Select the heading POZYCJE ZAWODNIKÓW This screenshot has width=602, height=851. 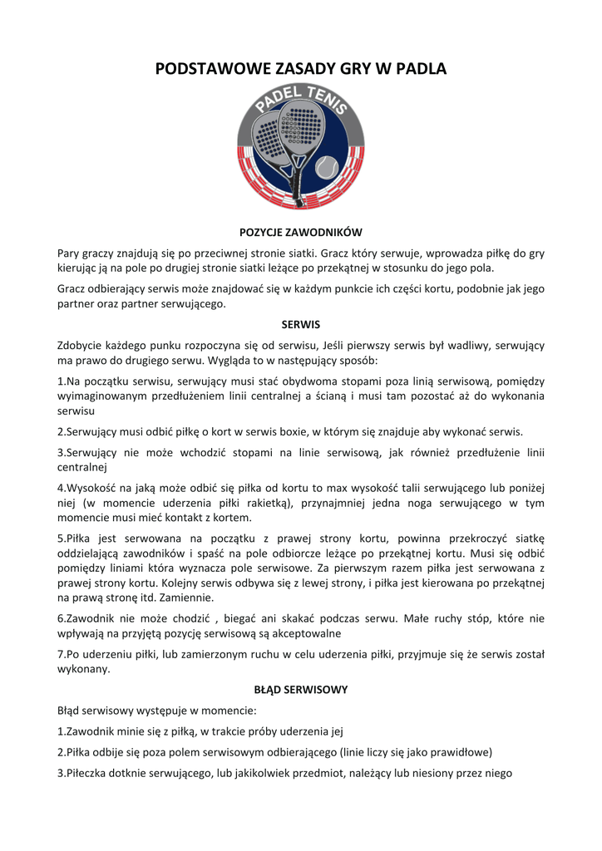(300, 233)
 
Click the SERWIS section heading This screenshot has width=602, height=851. (300, 324)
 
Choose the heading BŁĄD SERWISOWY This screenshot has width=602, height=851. (300, 690)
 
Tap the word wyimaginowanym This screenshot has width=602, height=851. (105, 396)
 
